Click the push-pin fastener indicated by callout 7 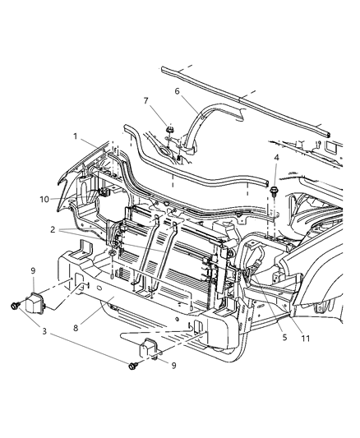[168, 131]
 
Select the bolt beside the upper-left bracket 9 [15, 306]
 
